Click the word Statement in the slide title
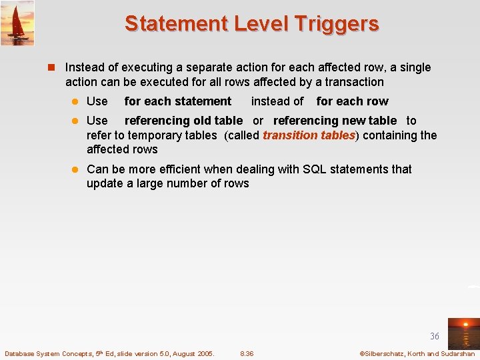pos(176,23)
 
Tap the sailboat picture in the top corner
pos(17,23)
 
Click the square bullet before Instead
pos(56,68)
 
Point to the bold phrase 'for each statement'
pos(177,101)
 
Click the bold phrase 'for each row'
pos(352,101)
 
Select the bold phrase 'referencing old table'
pos(183,121)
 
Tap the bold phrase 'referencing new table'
pos(335,121)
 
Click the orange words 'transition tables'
pos(309,135)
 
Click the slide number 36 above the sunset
pos(435,337)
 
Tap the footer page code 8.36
pos(247,353)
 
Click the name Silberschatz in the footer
pos(384,353)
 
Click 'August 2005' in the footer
pos(193,353)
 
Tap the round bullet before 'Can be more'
pos(77,169)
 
